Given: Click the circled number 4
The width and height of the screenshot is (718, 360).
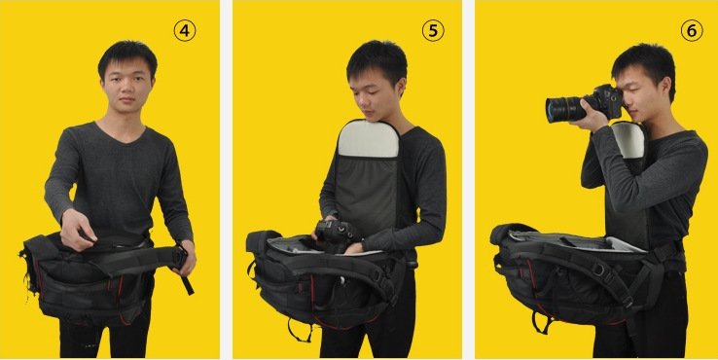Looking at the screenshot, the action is [x=185, y=31].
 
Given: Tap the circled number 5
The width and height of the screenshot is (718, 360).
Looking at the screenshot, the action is [x=433, y=31].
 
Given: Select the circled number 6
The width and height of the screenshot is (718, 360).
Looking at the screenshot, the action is [x=692, y=31].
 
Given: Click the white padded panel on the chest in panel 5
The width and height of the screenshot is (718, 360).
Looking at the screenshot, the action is [x=367, y=140].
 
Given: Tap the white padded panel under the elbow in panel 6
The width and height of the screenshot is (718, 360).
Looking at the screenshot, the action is [x=629, y=141].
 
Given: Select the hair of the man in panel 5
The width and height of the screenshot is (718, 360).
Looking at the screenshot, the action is [x=377, y=59].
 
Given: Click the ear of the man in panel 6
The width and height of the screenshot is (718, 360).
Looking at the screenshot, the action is [x=665, y=87].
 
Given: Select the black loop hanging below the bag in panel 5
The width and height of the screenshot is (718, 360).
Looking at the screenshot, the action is [x=299, y=330].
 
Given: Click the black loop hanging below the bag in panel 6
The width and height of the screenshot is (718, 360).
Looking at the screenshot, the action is [x=543, y=322].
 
